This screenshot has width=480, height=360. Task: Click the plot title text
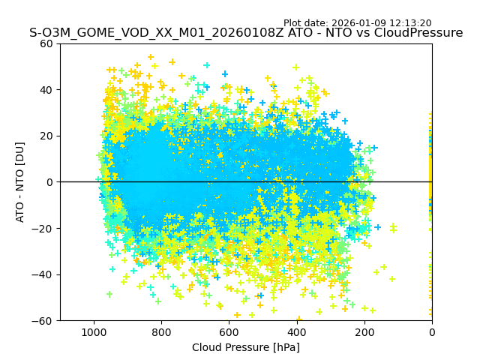click(x=246, y=33)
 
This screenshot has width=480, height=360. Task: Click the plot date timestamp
click(x=357, y=23)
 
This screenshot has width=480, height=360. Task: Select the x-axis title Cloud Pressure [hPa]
click(x=246, y=347)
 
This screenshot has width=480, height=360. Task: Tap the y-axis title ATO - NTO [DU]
click(x=20, y=182)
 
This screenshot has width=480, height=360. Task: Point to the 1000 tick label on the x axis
click(x=94, y=331)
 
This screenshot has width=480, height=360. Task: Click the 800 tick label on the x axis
click(x=161, y=331)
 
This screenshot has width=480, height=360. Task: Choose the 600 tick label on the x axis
click(x=229, y=331)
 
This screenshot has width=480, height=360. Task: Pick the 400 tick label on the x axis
click(x=296, y=331)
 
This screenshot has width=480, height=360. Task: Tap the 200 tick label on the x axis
click(x=364, y=331)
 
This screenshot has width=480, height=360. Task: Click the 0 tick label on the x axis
click(x=431, y=331)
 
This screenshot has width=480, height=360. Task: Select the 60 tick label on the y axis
click(x=46, y=43)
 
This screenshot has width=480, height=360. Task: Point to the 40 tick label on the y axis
click(x=46, y=90)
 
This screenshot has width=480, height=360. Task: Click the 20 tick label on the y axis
click(x=46, y=136)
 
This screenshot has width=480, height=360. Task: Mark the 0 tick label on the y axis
click(x=49, y=182)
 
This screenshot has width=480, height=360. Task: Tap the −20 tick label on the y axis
click(x=43, y=228)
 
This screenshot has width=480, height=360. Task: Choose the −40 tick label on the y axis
click(x=43, y=274)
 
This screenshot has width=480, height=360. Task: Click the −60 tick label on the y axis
click(x=43, y=320)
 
